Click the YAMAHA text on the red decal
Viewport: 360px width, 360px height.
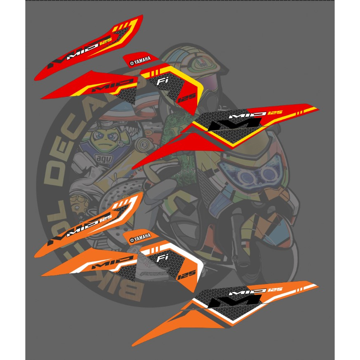tap(142, 62)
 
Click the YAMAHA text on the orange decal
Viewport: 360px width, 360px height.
tap(142, 238)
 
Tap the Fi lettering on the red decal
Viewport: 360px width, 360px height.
tap(162, 82)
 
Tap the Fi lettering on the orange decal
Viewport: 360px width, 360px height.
tap(162, 258)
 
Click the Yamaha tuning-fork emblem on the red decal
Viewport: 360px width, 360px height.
tap(132, 63)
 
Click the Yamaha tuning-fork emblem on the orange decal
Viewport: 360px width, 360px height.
tap(132, 239)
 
